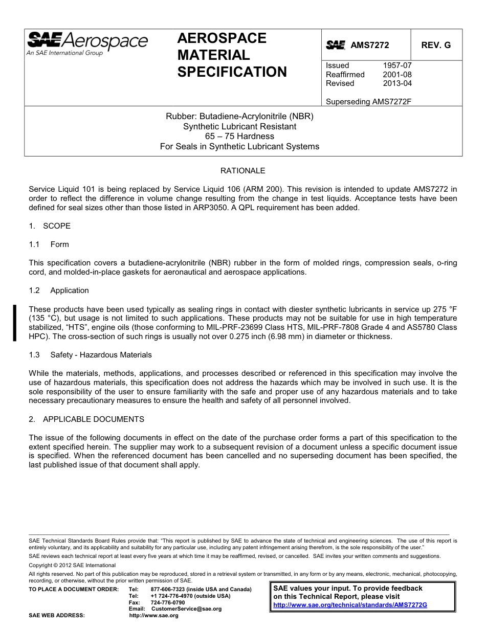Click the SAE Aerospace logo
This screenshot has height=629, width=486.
click(x=87, y=43)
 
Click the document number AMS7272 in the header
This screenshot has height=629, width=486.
click(x=369, y=45)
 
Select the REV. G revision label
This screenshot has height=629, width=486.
click(x=436, y=45)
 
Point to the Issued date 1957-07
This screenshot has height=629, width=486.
click(x=397, y=65)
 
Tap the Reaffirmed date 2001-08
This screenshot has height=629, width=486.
click(x=397, y=75)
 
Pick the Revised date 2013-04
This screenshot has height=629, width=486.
click(x=397, y=83)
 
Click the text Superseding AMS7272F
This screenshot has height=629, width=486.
click(x=368, y=101)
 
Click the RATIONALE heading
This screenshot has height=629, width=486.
click(x=242, y=171)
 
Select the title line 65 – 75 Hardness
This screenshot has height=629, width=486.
click(x=239, y=137)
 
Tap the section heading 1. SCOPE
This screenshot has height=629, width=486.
click(x=50, y=226)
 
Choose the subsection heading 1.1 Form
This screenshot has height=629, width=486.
click(x=49, y=244)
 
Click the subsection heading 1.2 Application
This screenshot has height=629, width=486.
click(x=59, y=290)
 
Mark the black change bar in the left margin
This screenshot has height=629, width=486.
click(x=15, y=323)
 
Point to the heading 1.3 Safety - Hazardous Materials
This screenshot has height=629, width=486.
click(x=90, y=355)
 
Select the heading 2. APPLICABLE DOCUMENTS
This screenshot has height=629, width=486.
click(x=86, y=419)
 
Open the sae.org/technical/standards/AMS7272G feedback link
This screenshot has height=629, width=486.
click(x=350, y=604)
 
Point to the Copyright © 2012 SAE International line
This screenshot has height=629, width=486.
click(x=72, y=565)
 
